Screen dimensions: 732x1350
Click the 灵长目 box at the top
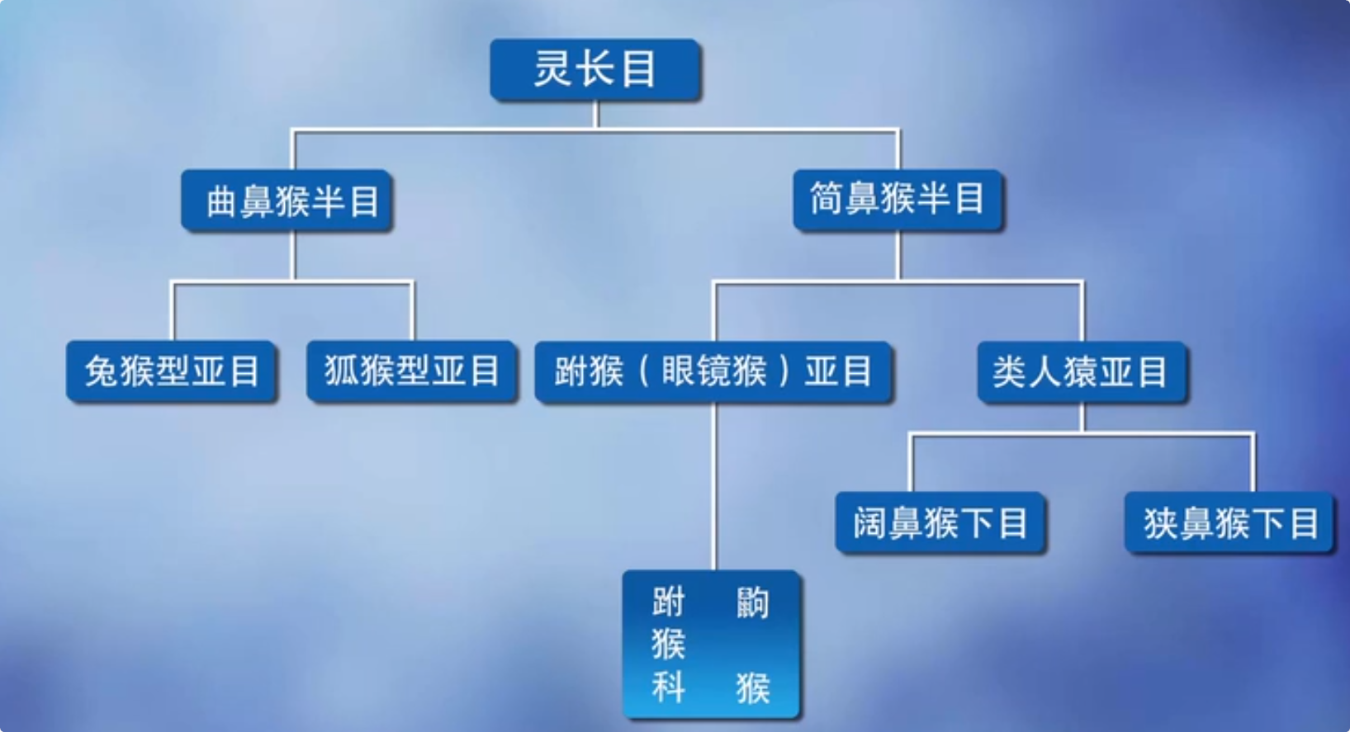tap(595, 70)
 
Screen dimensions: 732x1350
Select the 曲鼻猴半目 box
tap(287, 201)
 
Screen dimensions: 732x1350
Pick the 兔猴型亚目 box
tap(172, 371)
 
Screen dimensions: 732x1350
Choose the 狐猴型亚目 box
tap(412, 371)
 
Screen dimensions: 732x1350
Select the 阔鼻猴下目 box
tap(940, 523)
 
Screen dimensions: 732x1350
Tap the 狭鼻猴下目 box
tap(1229, 523)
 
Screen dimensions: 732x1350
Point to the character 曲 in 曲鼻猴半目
tap(221, 201)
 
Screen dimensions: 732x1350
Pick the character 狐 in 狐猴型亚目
tap(341, 371)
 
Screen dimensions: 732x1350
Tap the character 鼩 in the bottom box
tap(752, 603)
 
